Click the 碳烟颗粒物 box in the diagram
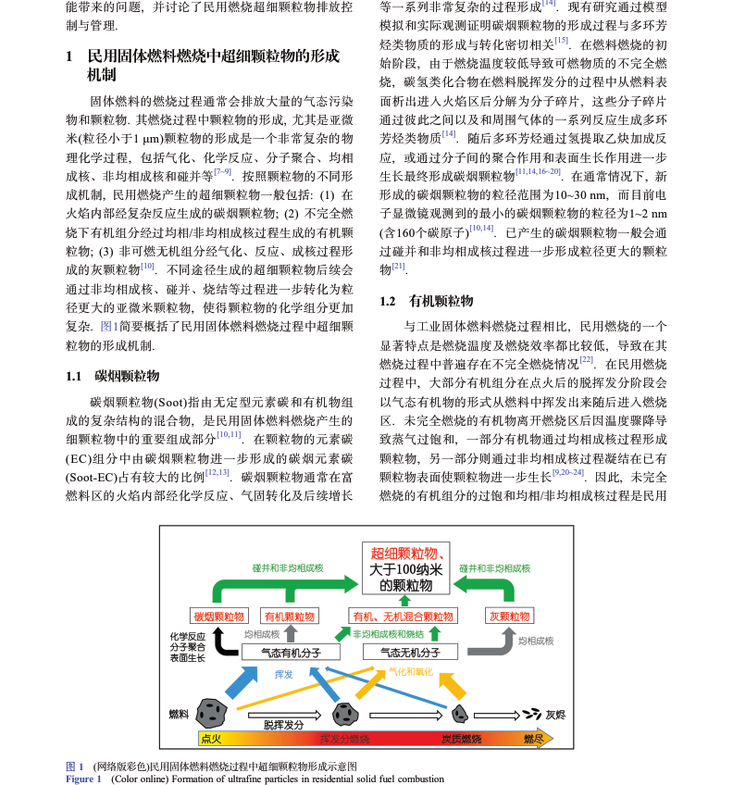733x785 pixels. pyautogui.click(x=219, y=616)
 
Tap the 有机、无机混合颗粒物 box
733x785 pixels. pyautogui.click(x=404, y=616)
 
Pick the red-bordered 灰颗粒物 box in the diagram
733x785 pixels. pyautogui.click(x=509, y=616)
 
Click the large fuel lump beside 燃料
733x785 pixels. pyautogui.click(x=214, y=712)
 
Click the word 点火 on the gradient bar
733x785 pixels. pyautogui.click(x=211, y=739)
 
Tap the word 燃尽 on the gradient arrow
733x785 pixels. pyautogui.click(x=532, y=739)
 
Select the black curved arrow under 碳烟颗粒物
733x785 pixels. pyautogui.click(x=220, y=641)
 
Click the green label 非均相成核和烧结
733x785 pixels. pyautogui.click(x=388, y=634)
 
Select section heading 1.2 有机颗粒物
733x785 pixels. pyautogui.click(x=427, y=301)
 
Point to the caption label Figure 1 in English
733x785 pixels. pyautogui.click(x=83, y=779)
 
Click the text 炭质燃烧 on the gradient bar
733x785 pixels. pyautogui.click(x=461, y=739)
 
